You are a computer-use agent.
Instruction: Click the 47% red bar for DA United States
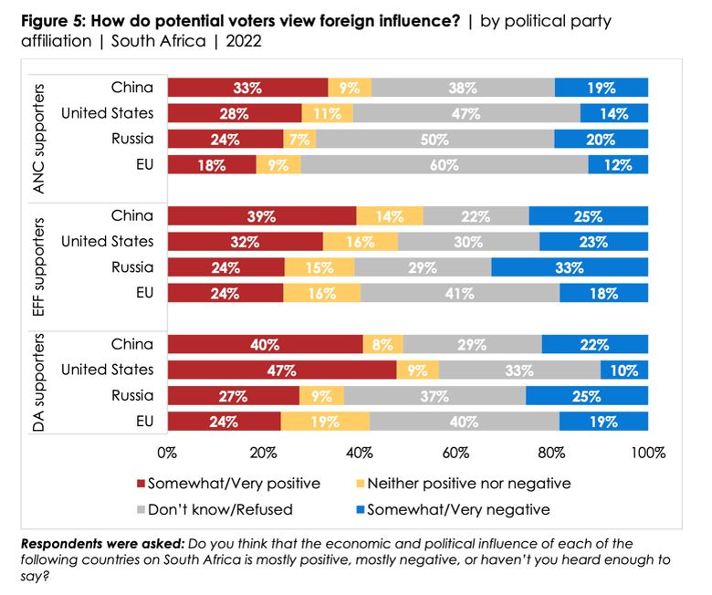[282, 370]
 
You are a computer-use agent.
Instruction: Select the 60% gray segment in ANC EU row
[444, 164]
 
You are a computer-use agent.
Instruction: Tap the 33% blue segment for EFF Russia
[570, 267]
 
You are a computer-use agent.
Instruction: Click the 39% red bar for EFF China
[262, 216]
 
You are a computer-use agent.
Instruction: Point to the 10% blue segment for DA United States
[624, 370]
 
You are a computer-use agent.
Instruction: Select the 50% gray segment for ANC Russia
[435, 139]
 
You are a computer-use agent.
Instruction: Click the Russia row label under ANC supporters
[132, 139]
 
